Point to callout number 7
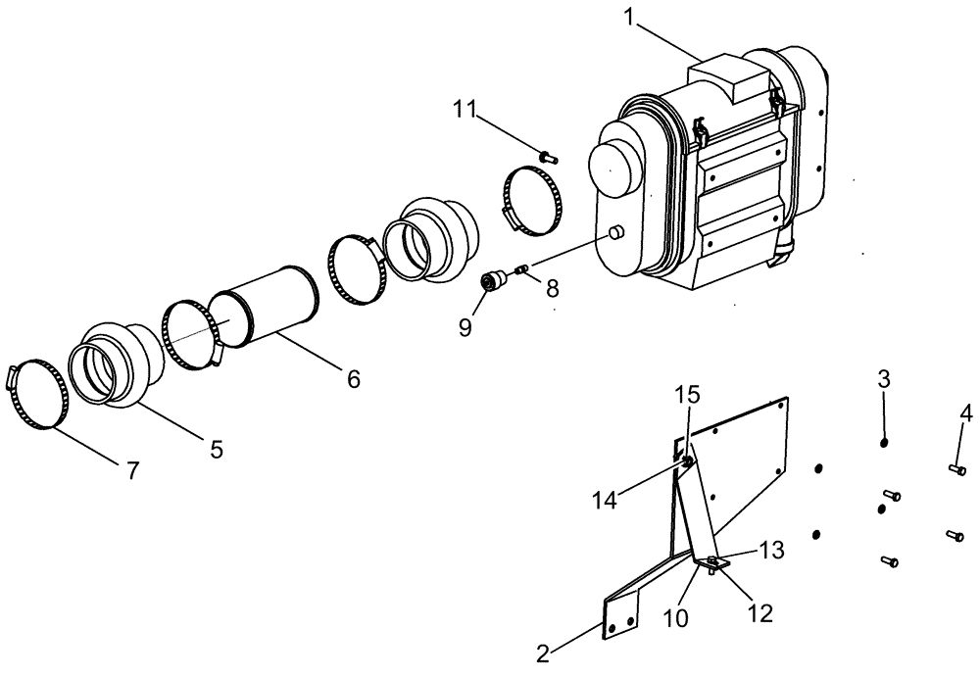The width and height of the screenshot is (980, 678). pos(131,471)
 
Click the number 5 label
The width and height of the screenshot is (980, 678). pos(216,450)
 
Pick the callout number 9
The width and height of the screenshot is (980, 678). pos(466,325)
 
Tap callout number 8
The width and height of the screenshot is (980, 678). pos(552,289)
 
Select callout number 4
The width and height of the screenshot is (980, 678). pos(965,413)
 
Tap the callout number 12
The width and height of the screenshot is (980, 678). pos(759,613)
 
